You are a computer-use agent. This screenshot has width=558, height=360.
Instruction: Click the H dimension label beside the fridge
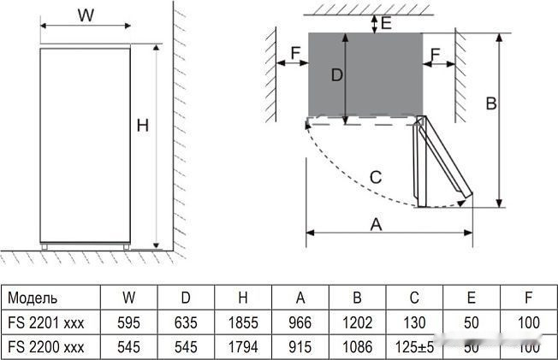coord(143,126)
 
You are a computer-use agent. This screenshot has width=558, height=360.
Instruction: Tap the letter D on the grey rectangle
coord(336,75)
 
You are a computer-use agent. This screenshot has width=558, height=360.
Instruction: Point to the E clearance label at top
coord(386,23)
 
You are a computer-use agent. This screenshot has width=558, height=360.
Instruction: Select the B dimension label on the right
coord(491,103)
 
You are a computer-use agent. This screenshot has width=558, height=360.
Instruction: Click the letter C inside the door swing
coord(375,177)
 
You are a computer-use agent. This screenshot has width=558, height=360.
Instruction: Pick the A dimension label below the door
coord(375,224)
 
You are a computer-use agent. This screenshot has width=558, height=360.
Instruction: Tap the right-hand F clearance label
coord(436,56)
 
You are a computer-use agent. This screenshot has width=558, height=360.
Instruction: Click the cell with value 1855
coord(243,323)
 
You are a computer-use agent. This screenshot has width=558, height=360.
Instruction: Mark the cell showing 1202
coord(357,323)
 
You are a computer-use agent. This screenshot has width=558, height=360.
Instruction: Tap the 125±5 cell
coord(414,348)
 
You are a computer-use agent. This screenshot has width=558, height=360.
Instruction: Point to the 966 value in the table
coord(300,323)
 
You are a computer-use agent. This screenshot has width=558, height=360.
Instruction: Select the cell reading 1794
coord(243,348)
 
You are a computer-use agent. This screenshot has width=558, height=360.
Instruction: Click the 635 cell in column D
coord(186,323)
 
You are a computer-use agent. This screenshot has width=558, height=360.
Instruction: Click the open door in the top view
coord(443,162)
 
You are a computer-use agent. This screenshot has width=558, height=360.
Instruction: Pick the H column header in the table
coord(243,298)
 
